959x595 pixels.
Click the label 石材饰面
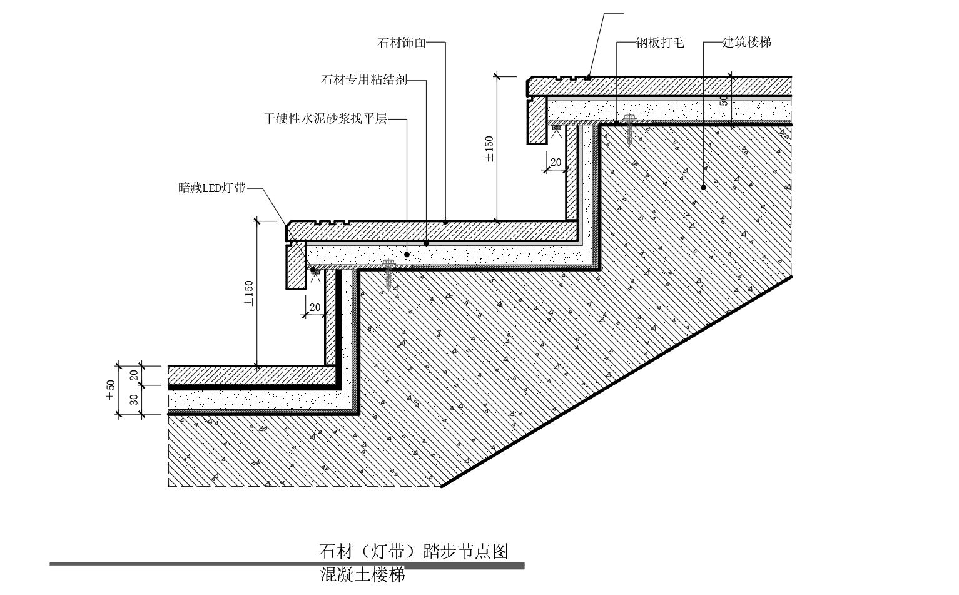(402, 43)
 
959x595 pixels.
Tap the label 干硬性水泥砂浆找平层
(325, 118)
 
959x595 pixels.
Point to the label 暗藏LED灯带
(212, 188)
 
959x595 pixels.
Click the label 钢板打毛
(660, 43)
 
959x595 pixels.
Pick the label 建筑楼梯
(746, 43)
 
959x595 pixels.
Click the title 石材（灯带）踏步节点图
(414, 551)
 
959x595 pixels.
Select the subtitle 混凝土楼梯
(362, 574)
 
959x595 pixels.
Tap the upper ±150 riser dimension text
(489, 149)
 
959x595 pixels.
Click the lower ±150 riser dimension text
(249, 293)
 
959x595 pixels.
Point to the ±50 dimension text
(111, 390)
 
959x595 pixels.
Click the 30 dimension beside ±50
(134, 399)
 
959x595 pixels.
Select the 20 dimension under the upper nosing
(556, 163)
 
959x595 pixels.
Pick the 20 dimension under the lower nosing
(315, 307)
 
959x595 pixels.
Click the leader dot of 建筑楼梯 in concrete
(703, 186)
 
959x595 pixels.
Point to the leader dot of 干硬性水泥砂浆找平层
(407, 255)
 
